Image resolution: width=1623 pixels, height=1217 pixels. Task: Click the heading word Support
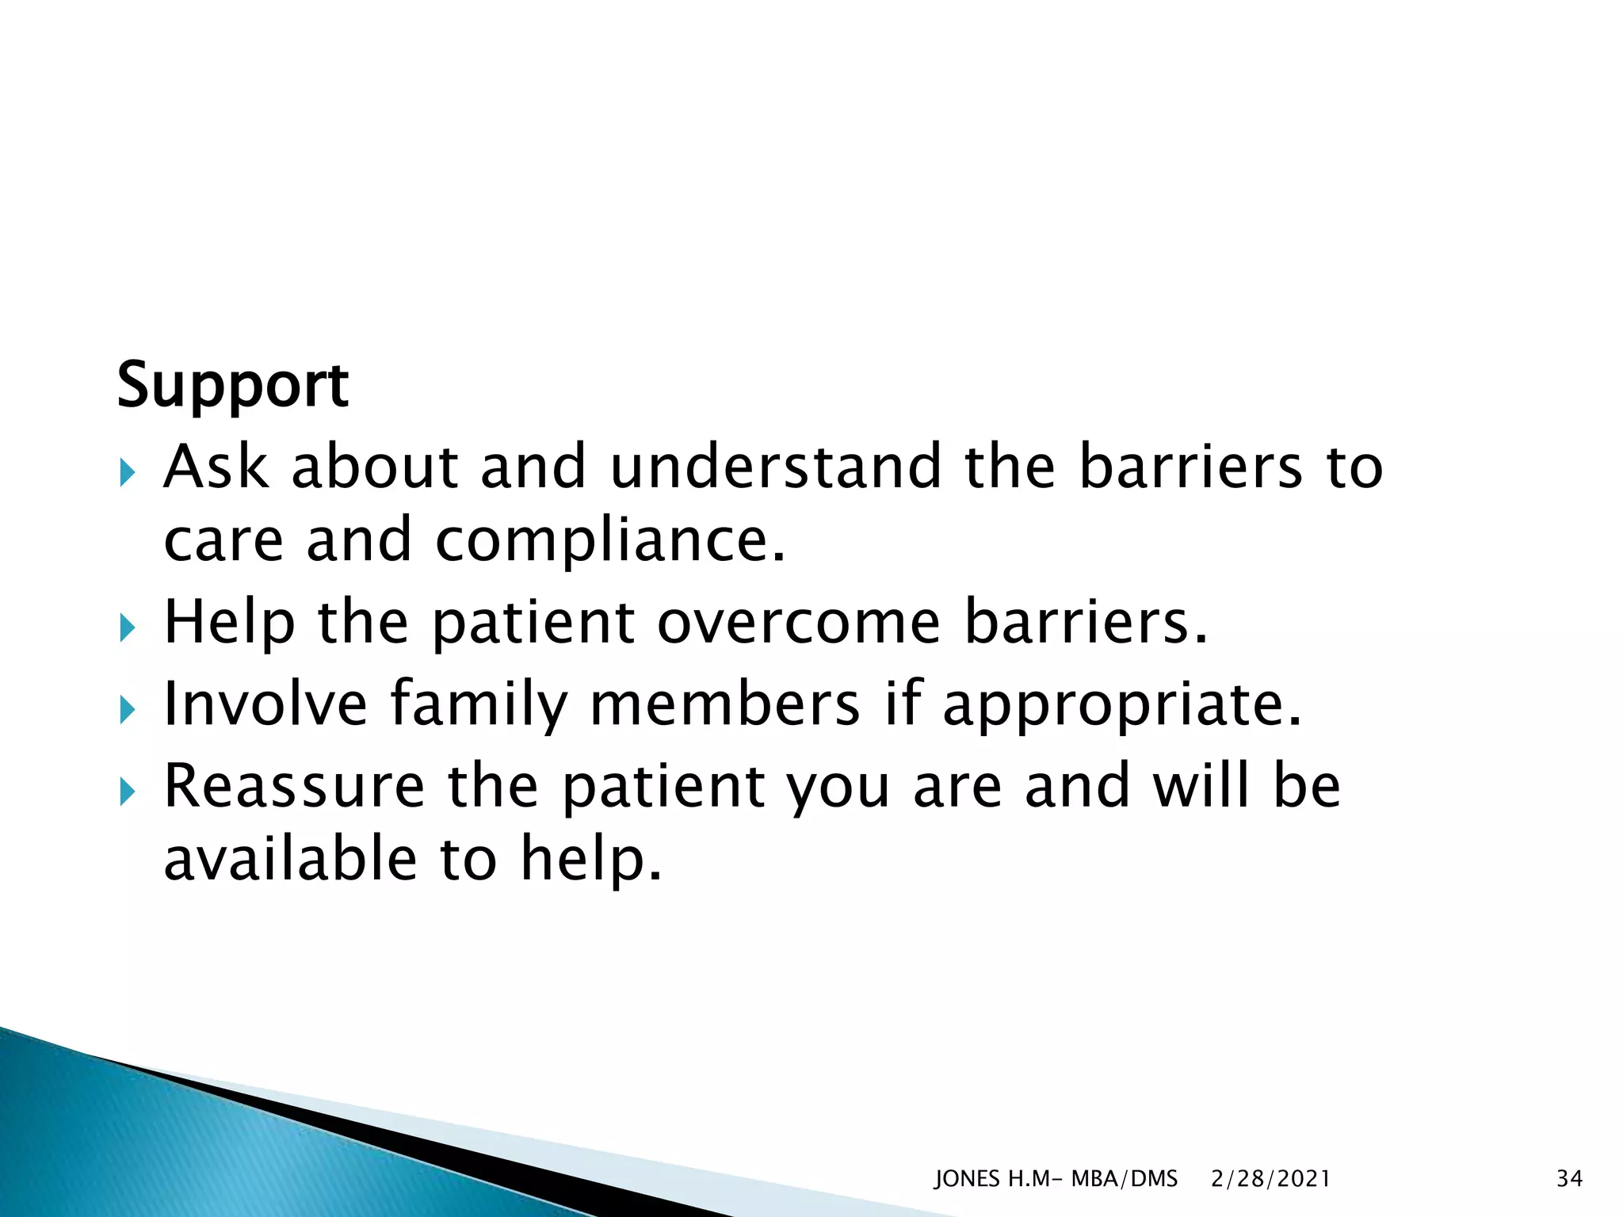click(232, 386)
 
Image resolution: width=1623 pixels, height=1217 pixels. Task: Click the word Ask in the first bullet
click(215, 467)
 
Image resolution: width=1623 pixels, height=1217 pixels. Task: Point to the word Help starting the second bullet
click(229, 623)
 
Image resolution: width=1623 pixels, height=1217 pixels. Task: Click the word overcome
click(798, 623)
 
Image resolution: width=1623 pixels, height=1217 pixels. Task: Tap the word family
click(479, 704)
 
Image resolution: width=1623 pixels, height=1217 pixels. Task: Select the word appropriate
click(1122, 704)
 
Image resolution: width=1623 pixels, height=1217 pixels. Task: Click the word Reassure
click(294, 786)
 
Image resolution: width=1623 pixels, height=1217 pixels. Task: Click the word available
click(290, 860)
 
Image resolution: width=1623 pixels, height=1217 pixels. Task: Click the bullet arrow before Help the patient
click(128, 631)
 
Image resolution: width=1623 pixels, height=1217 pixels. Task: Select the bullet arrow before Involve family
click(128, 712)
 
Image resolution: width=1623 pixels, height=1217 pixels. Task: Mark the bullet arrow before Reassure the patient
click(128, 792)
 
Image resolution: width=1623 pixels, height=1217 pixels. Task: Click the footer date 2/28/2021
click(1270, 1179)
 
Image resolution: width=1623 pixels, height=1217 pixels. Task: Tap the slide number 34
click(1569, 1179)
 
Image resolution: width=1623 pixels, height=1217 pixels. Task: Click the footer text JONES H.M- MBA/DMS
click(1056, 1179)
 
